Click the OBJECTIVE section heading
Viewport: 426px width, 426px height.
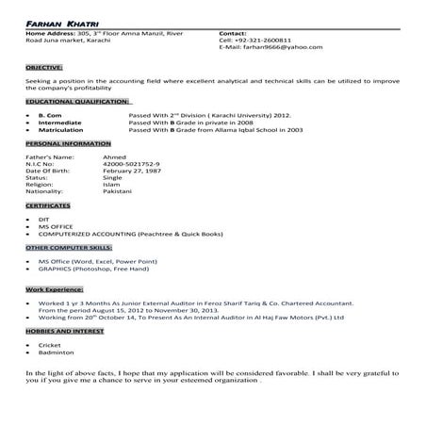pos(44,68)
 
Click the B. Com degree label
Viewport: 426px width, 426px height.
pos(48,112)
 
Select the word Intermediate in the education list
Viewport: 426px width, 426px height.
pos(58,120)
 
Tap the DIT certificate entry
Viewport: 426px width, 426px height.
pos(43,219)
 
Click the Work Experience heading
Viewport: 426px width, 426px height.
pos(52,284)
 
